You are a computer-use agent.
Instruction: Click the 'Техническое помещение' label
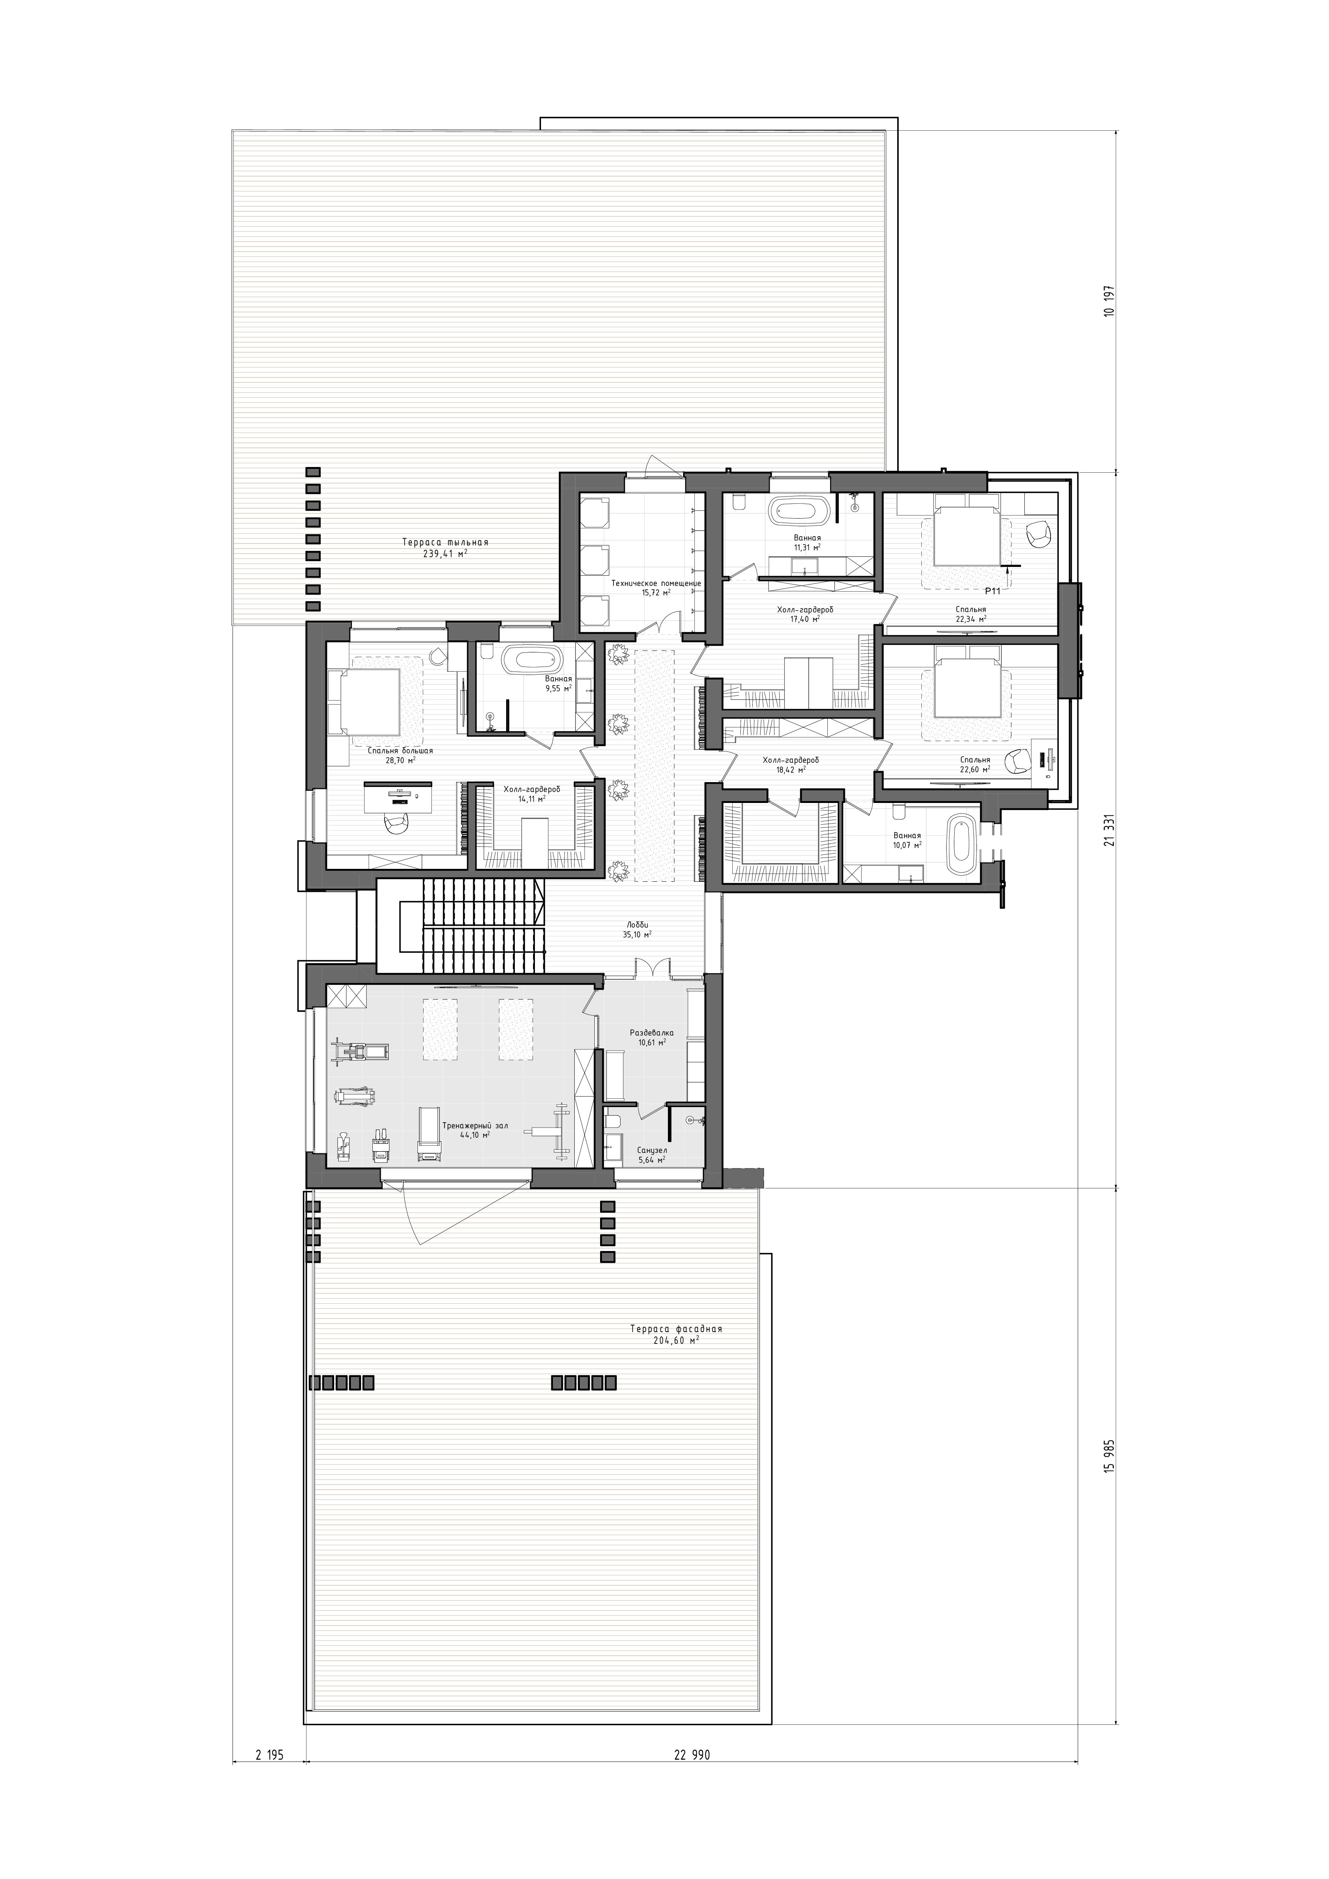pyautogui.click(x=656, y=583)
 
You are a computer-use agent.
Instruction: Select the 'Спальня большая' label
pyautogui.click(x=400, y=750)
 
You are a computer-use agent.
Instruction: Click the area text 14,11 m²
pyautogui.click(x=532, y=799)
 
